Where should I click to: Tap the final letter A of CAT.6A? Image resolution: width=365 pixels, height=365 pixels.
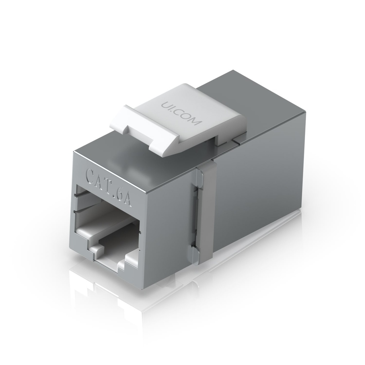tap(128, 199)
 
